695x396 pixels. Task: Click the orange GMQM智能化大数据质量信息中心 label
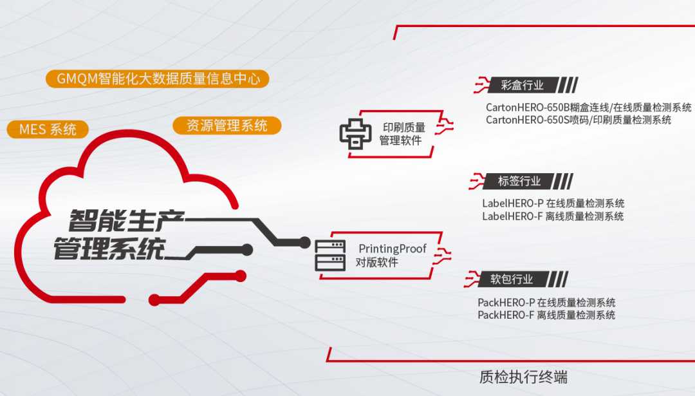[x=158, y=79]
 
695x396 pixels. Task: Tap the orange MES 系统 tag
[x=48, y=129]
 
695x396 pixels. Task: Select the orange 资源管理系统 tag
[x=227, y=125]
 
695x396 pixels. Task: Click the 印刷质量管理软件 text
[x=403, y=134]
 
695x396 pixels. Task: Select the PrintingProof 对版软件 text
[x=391, y=255]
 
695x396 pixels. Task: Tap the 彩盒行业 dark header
[x=522, y=85]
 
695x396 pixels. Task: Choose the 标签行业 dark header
[x=519, y=181]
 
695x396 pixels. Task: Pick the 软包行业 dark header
[x=512, y=279]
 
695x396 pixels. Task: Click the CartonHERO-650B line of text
[x=588, y=107]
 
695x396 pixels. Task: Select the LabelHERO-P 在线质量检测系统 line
[x=553, y=203]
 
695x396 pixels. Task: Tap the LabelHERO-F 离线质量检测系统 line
[x=553, y=216]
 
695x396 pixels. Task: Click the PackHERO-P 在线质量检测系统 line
[x=546, y=302]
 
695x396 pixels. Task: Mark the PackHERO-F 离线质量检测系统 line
[x=546, y=315]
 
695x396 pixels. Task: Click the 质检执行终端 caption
[x=523, y=376]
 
